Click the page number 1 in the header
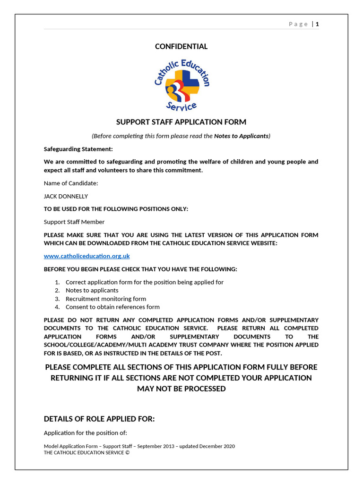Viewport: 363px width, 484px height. coord(318,24)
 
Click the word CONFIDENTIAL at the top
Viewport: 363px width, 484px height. coord(181,46)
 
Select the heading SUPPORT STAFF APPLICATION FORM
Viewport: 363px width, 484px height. coord(181,122)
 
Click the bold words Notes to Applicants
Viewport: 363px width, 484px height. coord(241,136)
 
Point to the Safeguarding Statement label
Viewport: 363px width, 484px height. coord(78,149)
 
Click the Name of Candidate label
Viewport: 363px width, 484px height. coord(71,183)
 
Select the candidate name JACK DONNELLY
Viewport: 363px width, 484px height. coord(66,196)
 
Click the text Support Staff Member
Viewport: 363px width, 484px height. coord(74,222)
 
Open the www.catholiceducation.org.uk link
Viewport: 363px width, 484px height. coord(86,256)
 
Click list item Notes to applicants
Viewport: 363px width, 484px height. coord(92,290)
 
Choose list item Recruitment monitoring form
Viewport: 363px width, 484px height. coord(106,299)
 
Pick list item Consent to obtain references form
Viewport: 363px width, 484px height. coord(112,307)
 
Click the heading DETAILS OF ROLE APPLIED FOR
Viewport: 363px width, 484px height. coord(99,419)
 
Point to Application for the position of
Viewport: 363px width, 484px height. coord(86,433)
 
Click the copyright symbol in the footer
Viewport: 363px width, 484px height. coord(127,452)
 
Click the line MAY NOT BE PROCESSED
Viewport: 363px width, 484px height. coord(181,389)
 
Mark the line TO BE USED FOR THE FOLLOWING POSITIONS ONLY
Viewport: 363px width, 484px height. coord(116,209)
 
